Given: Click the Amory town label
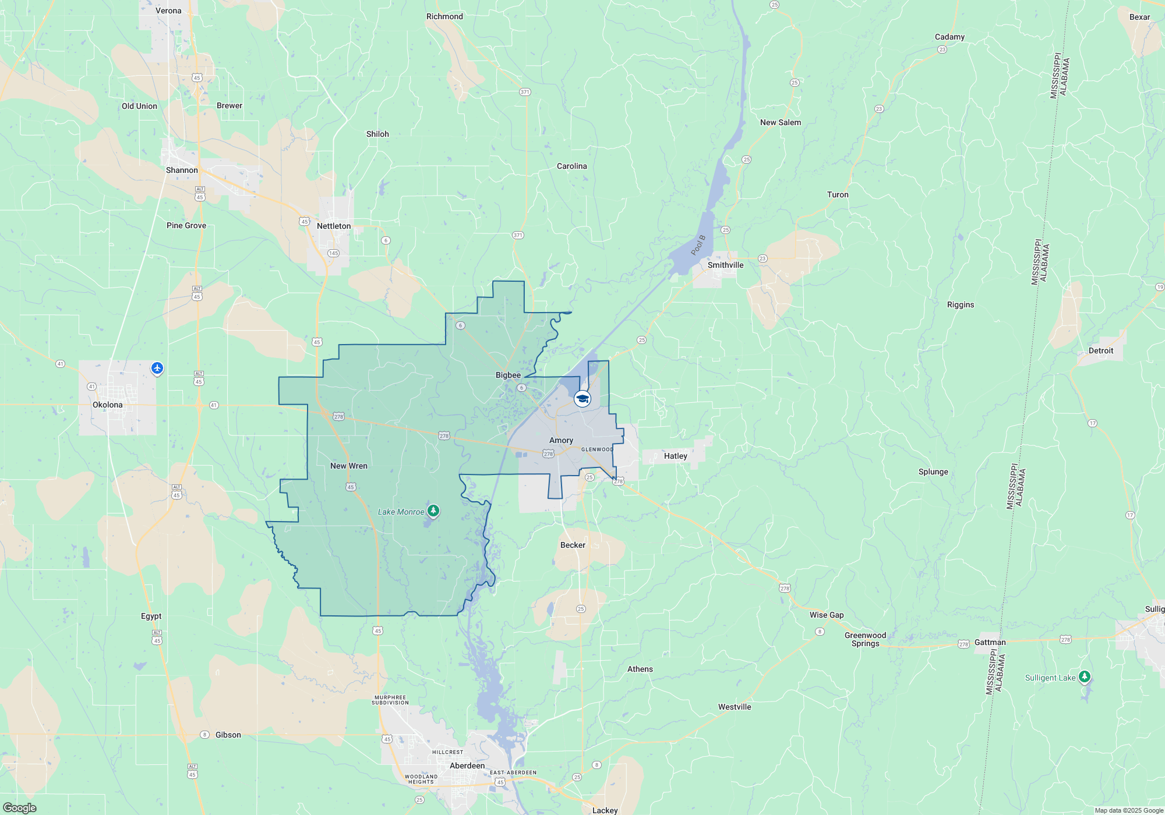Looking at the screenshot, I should pos(561,441).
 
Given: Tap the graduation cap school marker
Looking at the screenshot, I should pos(582,399).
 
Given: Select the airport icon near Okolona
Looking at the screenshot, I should pos(157,368).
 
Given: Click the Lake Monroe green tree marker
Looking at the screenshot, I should pos(433,511).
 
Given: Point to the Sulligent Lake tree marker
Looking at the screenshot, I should pos(1084,676).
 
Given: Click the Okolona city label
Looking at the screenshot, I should pos(108,405).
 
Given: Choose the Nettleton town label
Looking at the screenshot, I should pos(334,226).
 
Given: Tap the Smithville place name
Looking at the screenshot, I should pos(725,265).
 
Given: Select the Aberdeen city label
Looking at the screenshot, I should pos(467,766).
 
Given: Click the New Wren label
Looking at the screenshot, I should pos(349,466).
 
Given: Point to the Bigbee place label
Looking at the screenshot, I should pos(508,375).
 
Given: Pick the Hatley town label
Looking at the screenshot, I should pos(676,456).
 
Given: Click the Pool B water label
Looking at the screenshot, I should pos(698,245).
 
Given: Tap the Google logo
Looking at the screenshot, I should pos(20,808).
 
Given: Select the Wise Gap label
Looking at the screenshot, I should pos(827,615).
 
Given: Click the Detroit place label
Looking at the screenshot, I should pos(1101,350).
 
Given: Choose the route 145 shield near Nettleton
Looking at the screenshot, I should pos(333,253).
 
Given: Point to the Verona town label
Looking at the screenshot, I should pos(168,10).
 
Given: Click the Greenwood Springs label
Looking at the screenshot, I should pos(865,639).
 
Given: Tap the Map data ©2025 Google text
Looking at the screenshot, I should pos(1129,810).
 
